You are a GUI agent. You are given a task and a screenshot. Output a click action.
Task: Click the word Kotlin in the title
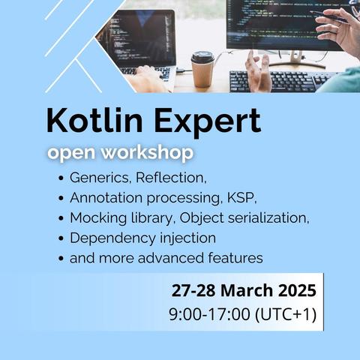pos(94,120)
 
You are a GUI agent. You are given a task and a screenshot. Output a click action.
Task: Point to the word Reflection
pos(171,178)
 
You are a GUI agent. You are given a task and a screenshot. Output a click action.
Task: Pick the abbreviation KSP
pos(241,198)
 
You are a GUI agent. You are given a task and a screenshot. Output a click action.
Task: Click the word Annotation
pos(106,198)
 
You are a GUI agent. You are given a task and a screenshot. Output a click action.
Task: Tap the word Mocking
pos(98,218)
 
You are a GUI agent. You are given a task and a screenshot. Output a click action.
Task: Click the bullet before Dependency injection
pos(61,238)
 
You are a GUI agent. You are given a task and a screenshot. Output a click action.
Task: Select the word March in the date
pos(247,290)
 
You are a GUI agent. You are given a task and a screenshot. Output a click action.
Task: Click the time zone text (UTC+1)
pos(286,314)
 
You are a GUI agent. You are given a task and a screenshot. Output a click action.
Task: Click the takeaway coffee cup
pos(202,69)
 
